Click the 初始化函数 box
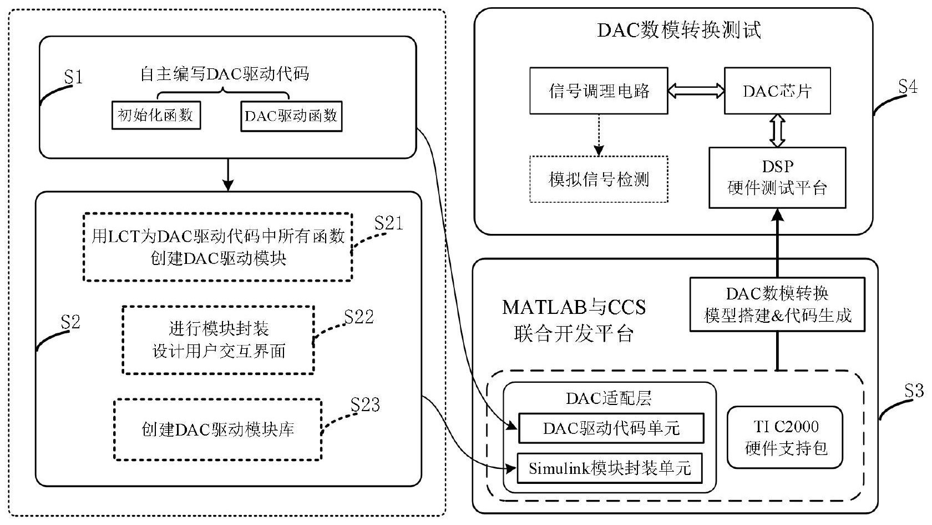coord(156,116)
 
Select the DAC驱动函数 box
coord(291,116)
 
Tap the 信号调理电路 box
coord(599,91)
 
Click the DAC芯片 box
coord(777,91)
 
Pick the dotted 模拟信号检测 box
coord(599,179)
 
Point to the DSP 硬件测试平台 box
coord(777,178)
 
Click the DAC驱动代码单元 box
coord(611,428)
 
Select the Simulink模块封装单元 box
coord(610,468)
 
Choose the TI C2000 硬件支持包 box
coord(785,437)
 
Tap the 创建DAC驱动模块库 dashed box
coord(217,429)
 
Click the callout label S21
coord(388,223)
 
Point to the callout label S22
coord(359,317)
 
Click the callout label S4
coord(908,87)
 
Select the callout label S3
coord(913,391)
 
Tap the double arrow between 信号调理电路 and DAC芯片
coord(696,91)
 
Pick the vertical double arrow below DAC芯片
coord(777,131)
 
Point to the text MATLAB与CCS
coord(574,307)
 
